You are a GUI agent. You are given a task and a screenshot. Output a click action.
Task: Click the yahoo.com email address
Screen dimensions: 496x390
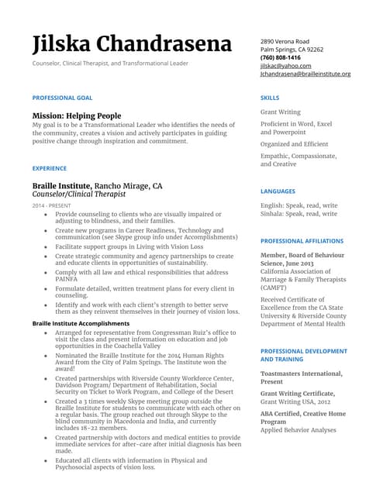(286, 66)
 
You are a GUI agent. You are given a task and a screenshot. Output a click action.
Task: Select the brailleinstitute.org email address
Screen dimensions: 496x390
(305, 74)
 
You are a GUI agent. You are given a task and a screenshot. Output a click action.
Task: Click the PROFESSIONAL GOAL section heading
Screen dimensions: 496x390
(62, 98)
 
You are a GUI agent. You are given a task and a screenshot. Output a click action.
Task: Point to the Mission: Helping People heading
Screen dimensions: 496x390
(76, 115)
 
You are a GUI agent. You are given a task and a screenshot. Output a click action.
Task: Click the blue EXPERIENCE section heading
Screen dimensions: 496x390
(50, 167)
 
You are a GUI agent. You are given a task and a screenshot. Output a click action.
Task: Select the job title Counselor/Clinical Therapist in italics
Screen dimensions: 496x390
(79, 195)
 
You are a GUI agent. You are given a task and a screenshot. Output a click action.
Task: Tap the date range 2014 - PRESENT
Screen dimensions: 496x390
(50, 206)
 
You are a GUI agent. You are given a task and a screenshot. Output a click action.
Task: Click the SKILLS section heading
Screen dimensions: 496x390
(270, 98)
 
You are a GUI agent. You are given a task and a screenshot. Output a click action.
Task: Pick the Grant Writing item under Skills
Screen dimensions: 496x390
(281, 112)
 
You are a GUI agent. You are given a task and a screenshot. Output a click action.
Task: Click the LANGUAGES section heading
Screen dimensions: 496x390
(278, 191)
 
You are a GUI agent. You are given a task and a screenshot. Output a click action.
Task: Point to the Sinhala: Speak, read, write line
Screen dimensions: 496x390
(299, 214)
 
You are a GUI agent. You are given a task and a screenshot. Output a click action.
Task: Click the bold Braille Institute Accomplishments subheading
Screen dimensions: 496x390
(81, 323)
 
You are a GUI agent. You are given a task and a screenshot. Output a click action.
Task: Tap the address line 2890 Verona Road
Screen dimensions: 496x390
(285, 41)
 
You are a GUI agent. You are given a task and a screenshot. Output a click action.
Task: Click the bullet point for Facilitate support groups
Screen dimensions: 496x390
(45, 246)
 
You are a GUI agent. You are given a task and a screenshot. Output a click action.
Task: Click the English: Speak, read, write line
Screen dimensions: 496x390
(299, 205)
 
